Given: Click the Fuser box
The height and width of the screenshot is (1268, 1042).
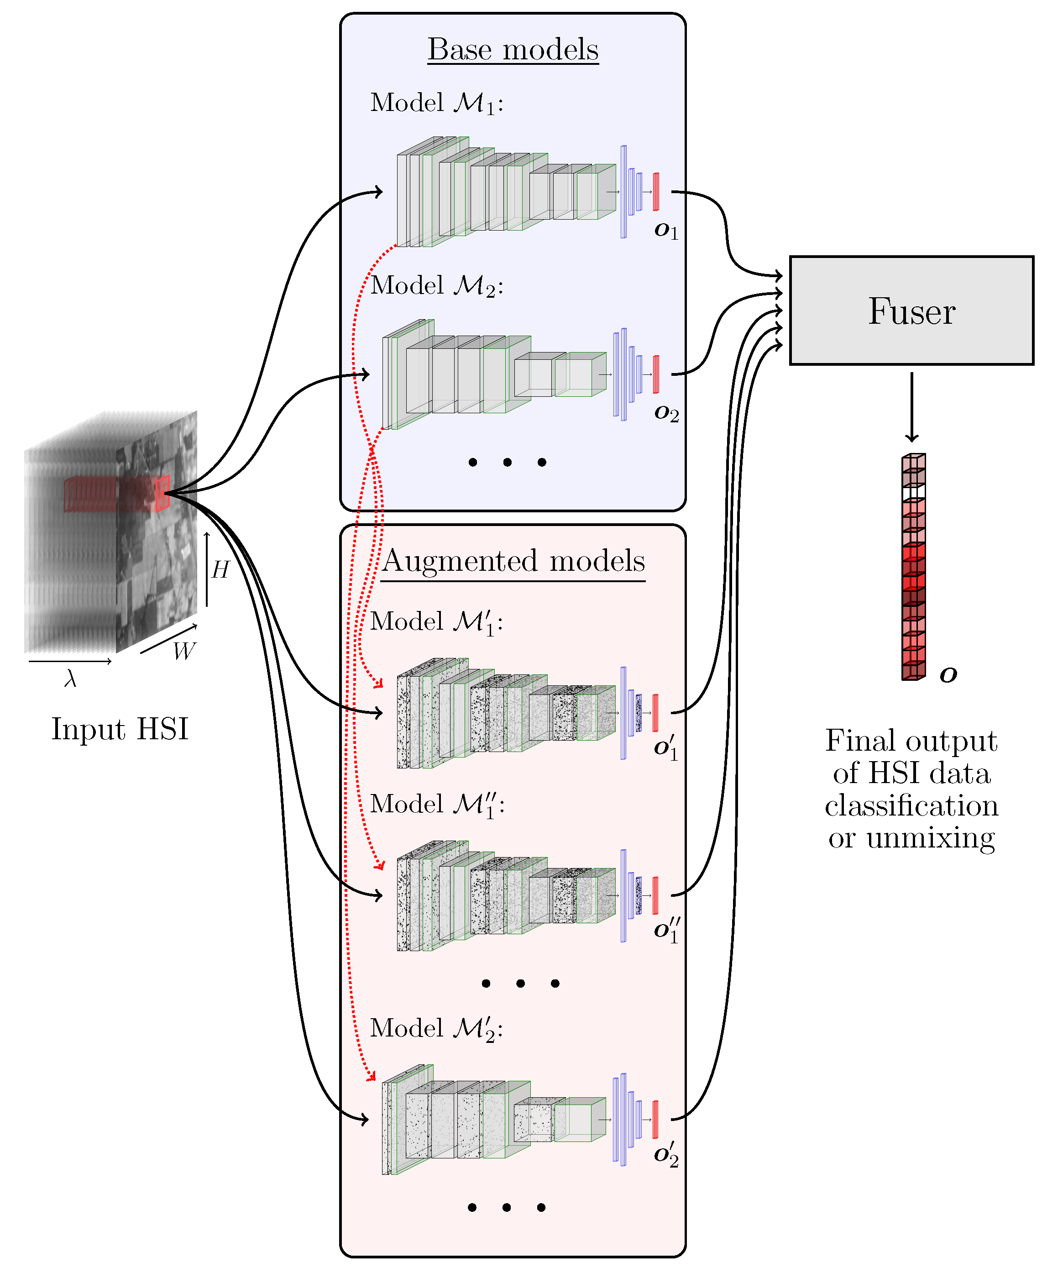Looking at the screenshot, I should pyautogui.click(x=911, y=310).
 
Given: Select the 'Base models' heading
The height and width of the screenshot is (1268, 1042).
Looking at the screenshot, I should pyautogui.click(x=513, y=49).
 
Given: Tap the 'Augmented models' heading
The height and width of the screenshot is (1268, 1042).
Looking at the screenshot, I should pyautogui.click(x=513, y=561).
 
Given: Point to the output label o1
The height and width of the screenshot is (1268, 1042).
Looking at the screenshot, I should pyautogui.click(x=665, y=231).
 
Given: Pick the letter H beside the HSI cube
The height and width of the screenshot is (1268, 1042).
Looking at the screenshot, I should pyautogui.click(x=220, y=569).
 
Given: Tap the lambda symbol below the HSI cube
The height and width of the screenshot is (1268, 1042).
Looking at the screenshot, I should pyautogui.click(x=70, y=679).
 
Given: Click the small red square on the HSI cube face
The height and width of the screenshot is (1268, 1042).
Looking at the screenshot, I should pyautogui.click(x=162, y=494).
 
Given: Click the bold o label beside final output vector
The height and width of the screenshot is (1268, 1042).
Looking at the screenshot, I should pyautogui.click(x=948, y=675).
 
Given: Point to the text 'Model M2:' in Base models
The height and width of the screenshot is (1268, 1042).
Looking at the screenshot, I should pyautogui.click(x=436, y=286).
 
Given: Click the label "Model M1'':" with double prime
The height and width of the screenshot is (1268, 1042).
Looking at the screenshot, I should pyautogui.click(x=437, y=805).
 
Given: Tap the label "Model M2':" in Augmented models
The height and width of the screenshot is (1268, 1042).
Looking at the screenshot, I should pyautogui.click(x=436, y=1028).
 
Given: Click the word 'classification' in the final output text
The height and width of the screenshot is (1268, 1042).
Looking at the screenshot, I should pyautogui.click(x=911, y=806).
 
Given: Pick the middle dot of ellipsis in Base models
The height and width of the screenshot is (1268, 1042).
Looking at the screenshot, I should pyautogui.click(x=507, y=462).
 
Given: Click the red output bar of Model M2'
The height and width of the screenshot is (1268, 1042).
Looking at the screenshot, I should pyautogui.click(x=655, y=1119).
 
